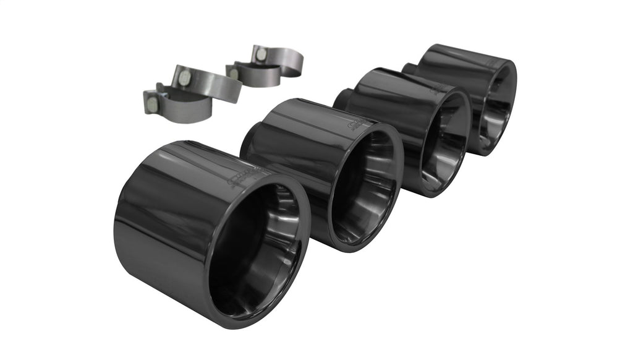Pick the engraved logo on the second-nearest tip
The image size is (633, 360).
coord(357,124)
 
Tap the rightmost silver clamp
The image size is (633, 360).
coord(281,59)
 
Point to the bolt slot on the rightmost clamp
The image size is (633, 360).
coord(261,54)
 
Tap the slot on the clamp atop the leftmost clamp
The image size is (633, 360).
coord(184,77)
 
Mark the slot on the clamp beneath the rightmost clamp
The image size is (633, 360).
coord(234,74)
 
